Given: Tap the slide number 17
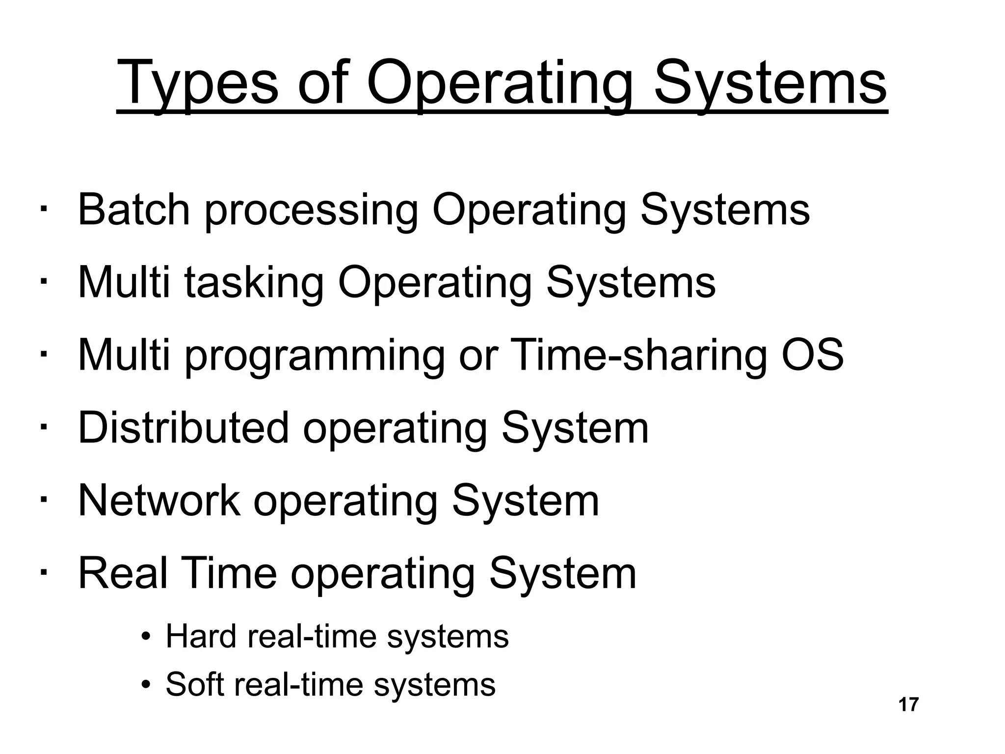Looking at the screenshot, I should pos(908,705).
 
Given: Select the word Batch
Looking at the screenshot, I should pos(133,210).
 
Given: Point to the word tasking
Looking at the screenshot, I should pos(254,283).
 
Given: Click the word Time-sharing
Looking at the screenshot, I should pos(638,355).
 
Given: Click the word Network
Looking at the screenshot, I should pos(159,501).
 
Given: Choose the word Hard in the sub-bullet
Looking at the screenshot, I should pos(201,637).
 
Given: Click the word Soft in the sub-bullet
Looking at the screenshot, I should pos(196,684).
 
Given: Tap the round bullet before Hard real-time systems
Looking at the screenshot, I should pos(145,638).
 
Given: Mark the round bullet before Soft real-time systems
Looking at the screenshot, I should pos(145,685).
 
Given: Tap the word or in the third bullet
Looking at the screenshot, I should pos(478,355).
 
